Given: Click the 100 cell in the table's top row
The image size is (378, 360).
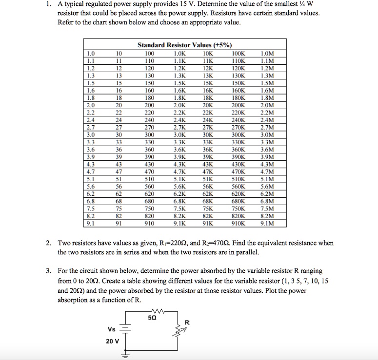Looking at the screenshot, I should pyautogui.click(x=149, y=53).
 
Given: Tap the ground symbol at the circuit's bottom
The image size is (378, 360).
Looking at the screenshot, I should pyautogui.click(x=125, y=355).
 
